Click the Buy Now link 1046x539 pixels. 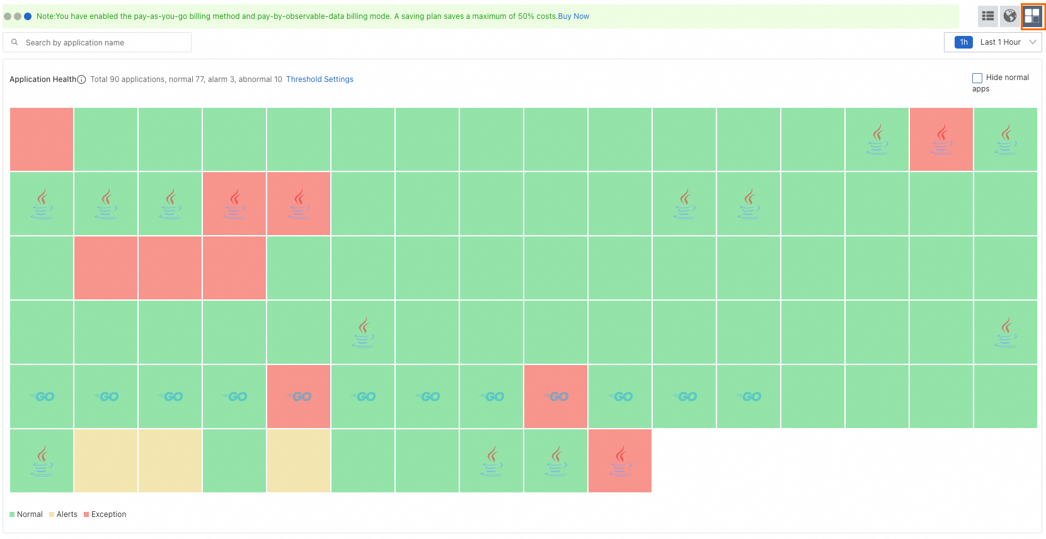573,16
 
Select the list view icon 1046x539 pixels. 988,16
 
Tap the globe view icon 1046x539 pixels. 1010,16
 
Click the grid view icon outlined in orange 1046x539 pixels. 1032,16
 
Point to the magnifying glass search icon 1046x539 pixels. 14,42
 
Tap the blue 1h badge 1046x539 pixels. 963,42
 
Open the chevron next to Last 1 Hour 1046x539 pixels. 1033,42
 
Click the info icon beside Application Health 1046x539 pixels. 81,79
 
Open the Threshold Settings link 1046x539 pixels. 319,79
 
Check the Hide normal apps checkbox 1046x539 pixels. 977,78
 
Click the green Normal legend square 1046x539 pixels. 12,514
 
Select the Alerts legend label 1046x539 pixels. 67,514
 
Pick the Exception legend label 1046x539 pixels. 108,514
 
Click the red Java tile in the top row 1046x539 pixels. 941,139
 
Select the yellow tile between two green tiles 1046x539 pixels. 299,461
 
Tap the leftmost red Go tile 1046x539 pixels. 299,397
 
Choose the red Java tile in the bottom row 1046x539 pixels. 620,461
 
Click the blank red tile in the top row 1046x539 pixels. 42,139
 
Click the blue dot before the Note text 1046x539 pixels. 28,16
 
